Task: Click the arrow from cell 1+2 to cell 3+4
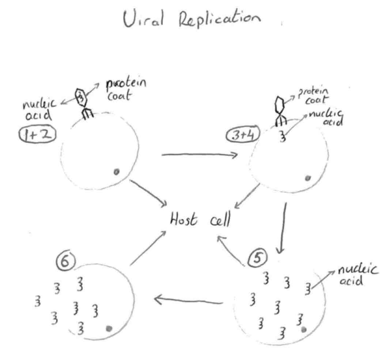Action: coord(199,156)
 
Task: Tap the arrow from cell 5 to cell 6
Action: coord(188,302)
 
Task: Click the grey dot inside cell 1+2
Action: coord(117,172)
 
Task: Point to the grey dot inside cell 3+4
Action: coord(308,178)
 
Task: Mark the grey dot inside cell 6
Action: coord(108,328)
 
